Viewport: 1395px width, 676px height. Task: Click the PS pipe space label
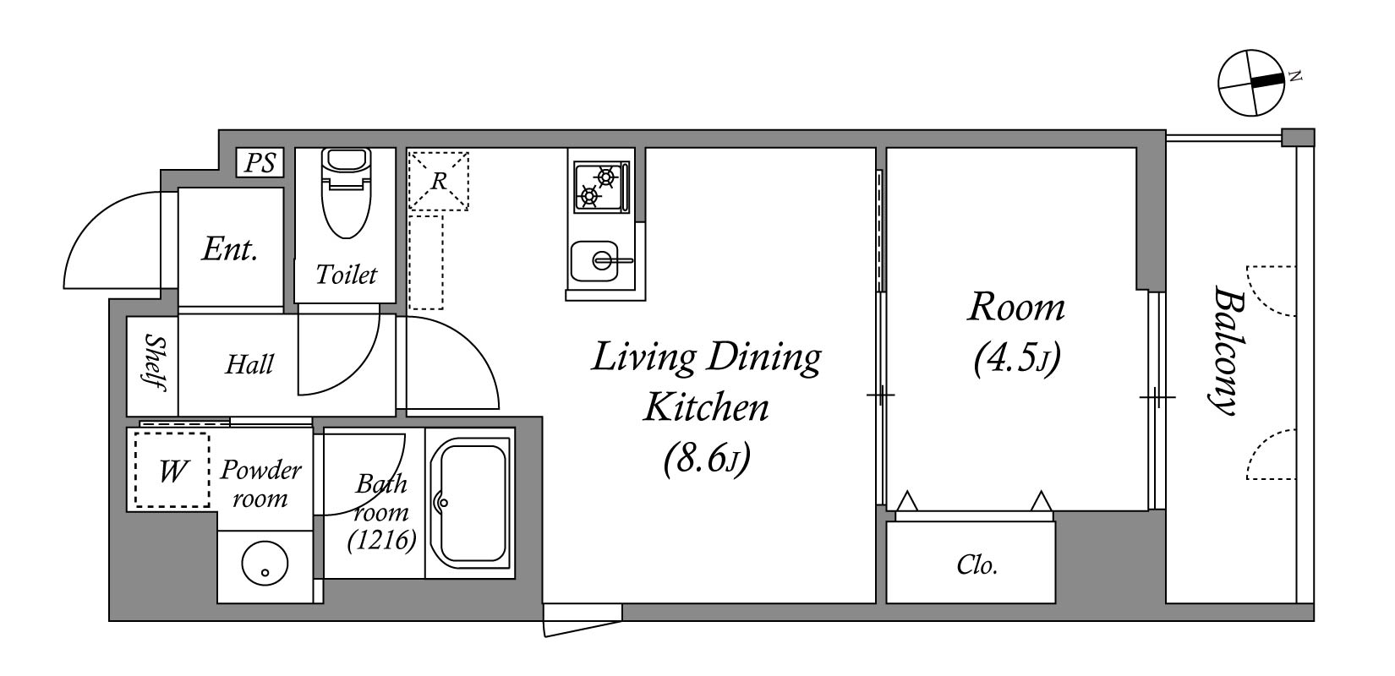(x=260, y=163)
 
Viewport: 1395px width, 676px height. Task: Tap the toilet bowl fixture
(x=347, y=193)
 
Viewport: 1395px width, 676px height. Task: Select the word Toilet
(x=347, y=275)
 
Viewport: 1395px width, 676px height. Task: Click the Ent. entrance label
(x=230, y=249)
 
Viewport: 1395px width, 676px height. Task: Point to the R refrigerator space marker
(x=439, y=181)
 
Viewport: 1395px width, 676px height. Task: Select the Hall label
(x=249, y=365)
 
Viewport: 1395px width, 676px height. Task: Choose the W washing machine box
(x=172, y=471)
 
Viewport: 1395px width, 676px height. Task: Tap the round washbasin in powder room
(x=265, y=564)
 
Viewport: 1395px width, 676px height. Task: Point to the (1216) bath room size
(x=382, y=540)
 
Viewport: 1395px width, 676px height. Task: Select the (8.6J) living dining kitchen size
(x=707, y=460)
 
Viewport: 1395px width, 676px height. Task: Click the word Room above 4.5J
(x=1016, y=308)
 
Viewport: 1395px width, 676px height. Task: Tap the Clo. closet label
(x=977, y=565)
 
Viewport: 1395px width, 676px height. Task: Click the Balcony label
(x=1227, y=350)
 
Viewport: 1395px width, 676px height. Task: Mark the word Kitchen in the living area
(x=706, y=408)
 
